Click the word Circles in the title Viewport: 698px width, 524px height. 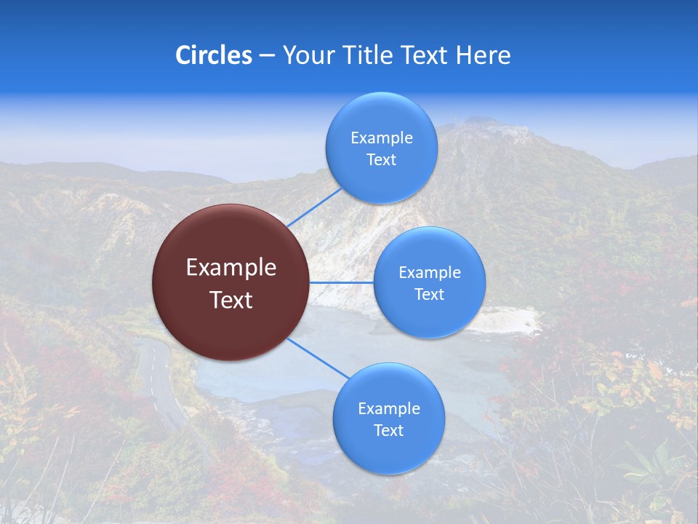click(x=213, y=55)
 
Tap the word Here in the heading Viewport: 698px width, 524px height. click(x=483, y=55)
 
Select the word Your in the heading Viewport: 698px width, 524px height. click(x=308, y=55)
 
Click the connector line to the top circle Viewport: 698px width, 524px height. click(x=313, y=207)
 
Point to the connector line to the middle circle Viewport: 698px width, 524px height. click(x=341, y=282)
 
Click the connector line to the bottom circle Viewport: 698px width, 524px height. click(x=318, y=358)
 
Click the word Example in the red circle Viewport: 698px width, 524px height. click(x=230, y=268)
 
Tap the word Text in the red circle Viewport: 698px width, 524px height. click(x=230, y=300)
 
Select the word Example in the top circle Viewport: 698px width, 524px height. click(x=381, y=138)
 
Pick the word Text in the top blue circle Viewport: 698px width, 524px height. click(x=381, y=160)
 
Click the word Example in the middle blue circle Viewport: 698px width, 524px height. click(x=429, y=273)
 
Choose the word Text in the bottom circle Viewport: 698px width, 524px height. click(x=388, y=430)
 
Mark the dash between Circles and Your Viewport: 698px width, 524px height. click(x=267, y=56)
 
